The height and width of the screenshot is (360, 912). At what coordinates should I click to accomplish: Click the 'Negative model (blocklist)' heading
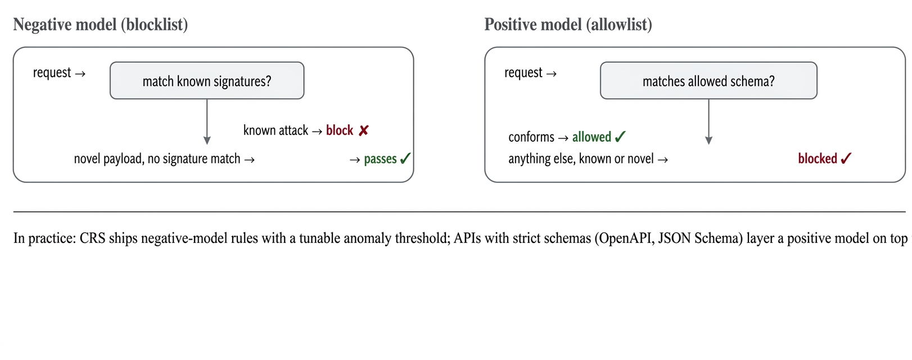[101, 25]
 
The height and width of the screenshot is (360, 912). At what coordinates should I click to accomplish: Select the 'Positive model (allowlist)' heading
[568, 25]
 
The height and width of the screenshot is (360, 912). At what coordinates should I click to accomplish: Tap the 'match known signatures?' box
[207, 80]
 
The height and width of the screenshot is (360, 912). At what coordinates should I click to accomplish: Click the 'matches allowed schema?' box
[708, 80]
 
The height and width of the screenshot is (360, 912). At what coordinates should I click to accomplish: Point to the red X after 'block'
[364, 130]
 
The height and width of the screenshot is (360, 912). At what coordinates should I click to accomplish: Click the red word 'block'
[340, 130]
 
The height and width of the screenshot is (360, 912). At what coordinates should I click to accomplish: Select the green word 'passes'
[380, 159]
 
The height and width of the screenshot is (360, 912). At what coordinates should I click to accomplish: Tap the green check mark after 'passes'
[405, 158]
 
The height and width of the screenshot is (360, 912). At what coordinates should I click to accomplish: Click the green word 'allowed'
[592, 137]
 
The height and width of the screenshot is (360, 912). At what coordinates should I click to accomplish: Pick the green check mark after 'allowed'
[620, 137]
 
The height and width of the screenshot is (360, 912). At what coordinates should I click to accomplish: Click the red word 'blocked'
[818, 159]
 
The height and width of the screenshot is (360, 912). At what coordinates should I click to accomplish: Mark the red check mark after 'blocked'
[846, 158]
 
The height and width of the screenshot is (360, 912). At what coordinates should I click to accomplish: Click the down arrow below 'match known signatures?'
[207, 121]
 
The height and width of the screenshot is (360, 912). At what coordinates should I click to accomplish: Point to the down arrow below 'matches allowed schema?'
[708, 121]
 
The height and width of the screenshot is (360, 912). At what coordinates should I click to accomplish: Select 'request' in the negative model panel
[52, 73]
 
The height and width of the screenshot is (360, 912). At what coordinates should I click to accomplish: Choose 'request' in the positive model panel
[523, 73]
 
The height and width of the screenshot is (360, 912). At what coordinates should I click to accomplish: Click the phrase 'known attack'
[276, 130]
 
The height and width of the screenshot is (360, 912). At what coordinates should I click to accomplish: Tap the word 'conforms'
[531, 137]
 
